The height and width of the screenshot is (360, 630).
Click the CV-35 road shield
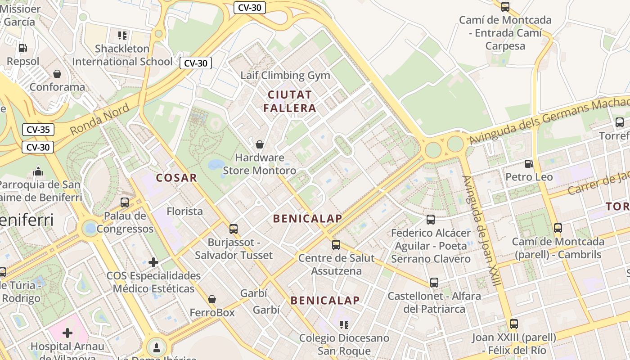[x=38, y=130]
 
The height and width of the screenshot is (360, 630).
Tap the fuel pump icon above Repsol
[x=22, y=48]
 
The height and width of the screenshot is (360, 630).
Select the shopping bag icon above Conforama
[x=57, y=73]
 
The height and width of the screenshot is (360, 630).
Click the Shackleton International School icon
[x=122, y=35]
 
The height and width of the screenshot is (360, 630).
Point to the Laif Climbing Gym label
[x=285, y=75]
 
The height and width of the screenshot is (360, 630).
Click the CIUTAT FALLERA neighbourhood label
[x=290, y=101]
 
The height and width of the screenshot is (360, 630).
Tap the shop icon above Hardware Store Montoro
[x=260, y=144]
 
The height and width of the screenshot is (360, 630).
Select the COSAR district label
[x=177, y=178]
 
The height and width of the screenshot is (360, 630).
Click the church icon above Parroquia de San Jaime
[x=38, y=171]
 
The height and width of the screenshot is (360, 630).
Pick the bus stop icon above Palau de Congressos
[x=125, y=202]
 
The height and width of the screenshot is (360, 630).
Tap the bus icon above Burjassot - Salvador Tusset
[x=233, y=229]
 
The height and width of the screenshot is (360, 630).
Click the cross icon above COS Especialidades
[x=153, y=262]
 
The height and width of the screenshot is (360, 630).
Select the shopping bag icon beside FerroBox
[x=211, y=299]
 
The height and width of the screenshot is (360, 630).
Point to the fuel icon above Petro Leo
[x=529, y=164]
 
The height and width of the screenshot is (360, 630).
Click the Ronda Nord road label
[x=100, y=119]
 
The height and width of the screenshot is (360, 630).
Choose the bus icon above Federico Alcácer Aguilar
[x=431, y=220]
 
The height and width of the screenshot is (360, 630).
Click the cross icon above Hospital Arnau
[x=67, y=333]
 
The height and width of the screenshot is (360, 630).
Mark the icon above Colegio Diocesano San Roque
[x=344, y=324]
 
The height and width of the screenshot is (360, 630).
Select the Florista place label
[x=184, y=211]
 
